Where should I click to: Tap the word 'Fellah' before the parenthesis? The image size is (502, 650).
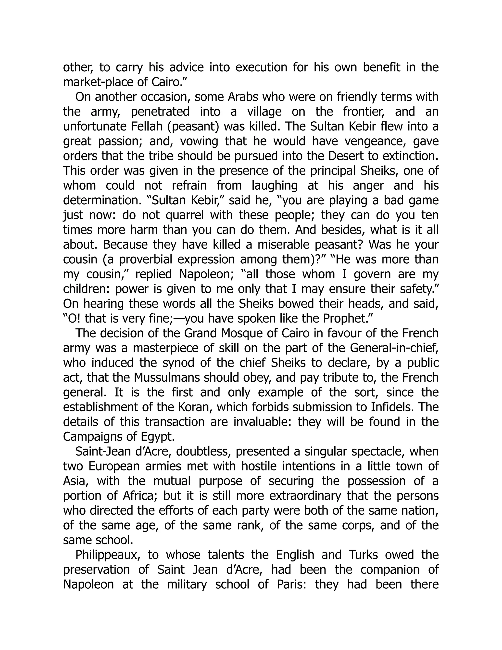point(147,127)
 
